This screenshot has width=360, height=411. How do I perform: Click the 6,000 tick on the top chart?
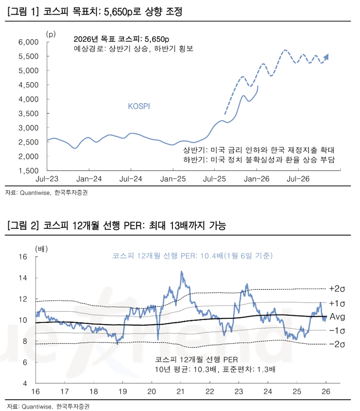31,42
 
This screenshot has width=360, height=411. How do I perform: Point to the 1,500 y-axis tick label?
31,171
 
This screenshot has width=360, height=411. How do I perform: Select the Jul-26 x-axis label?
299,179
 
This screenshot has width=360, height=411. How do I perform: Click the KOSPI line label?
139,106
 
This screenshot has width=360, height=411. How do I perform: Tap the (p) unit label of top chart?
50,33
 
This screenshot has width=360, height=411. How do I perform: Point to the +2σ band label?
337,289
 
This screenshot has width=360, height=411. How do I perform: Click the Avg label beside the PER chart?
337,317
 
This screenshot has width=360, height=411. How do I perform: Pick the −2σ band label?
337,344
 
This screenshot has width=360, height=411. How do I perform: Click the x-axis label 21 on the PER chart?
180,391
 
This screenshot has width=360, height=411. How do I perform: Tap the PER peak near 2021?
181,272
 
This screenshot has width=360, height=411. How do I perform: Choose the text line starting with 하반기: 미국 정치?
260,160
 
